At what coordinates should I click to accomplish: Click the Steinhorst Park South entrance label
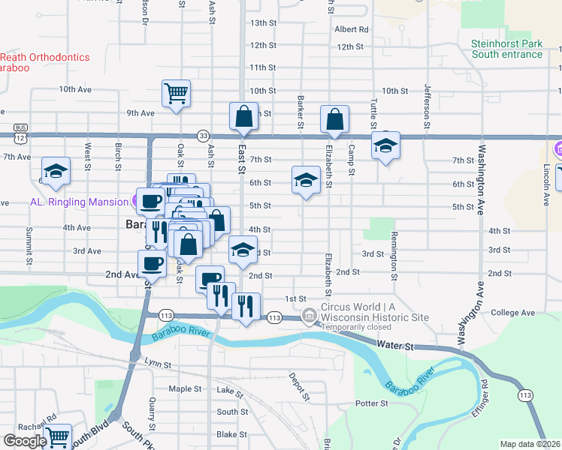pos(506,49)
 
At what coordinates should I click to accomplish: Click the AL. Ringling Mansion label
pos(77,202)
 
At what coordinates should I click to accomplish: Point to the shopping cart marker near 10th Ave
pos(176,94)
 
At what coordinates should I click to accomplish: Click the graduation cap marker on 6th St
pos(306,180)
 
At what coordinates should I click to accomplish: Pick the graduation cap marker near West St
pos(56,171)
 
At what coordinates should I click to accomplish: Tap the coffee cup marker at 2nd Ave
pos(152,264)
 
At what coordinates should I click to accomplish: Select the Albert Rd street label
pos(352,30)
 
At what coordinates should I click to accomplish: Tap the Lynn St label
pos(159,364)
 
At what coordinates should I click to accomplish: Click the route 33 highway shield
pos(204,135)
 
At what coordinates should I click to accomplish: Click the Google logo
pos(25,441)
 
